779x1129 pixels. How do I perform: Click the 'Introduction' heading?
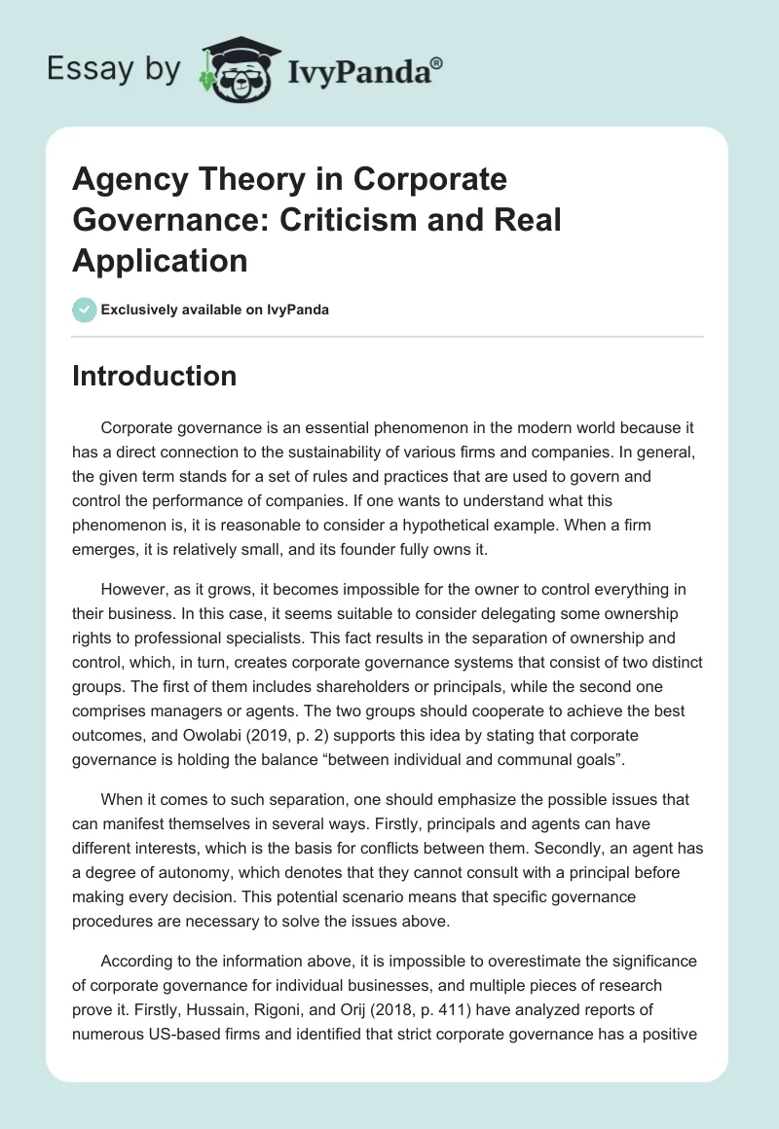154,377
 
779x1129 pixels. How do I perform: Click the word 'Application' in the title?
160,260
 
